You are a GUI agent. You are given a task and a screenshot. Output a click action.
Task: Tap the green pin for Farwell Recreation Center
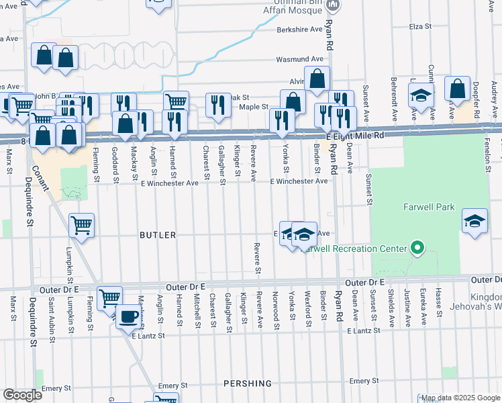pos(417,249)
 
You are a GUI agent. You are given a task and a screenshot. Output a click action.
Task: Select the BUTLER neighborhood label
pos(157,235)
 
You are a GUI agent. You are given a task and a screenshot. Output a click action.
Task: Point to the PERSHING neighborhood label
pos(248,384)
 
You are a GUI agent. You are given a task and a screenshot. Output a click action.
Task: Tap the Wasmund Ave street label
pos(295,60)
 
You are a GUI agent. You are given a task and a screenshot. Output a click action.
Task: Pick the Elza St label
pos(419,27)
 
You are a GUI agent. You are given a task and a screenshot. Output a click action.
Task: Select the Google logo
pos(23,394)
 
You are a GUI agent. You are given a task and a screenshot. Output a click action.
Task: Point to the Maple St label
pos(254,107)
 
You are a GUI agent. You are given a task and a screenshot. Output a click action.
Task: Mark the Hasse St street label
pos(439,304)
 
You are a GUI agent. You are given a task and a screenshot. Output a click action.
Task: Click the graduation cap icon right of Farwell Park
pos(474,222)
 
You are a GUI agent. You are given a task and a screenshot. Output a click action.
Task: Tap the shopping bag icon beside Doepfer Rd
pos(457,90)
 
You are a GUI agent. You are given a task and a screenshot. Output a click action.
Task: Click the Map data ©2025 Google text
pos(460,398)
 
